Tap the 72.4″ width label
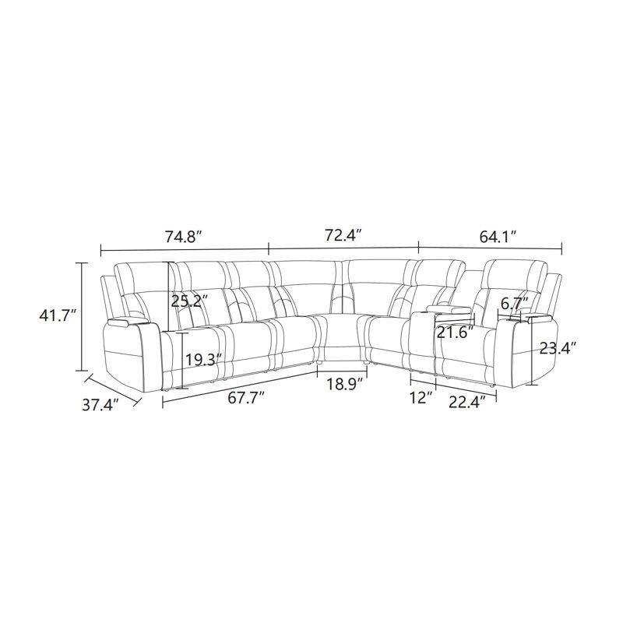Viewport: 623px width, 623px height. coord(343,235)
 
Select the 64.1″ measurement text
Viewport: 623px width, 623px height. coord(498,238)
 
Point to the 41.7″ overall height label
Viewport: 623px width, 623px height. coord(58,316)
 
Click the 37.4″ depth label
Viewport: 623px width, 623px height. coord(101,405)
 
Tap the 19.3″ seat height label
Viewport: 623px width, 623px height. coord(203,360)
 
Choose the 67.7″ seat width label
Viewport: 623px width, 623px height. coord(246,398)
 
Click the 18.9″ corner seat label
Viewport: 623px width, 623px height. coord(345,384)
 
